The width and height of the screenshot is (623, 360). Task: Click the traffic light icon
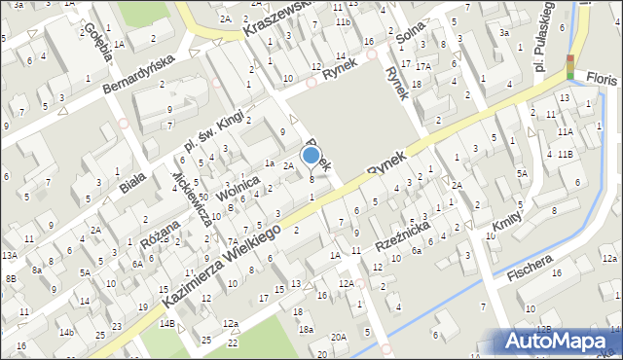(x=570, y=66)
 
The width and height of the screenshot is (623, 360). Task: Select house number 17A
(x=422, y=66)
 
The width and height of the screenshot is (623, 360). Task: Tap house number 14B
(x=166, y=323)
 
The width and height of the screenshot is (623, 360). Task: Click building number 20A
(x=338, y=337)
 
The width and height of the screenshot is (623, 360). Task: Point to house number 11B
(x=566, y=154)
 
